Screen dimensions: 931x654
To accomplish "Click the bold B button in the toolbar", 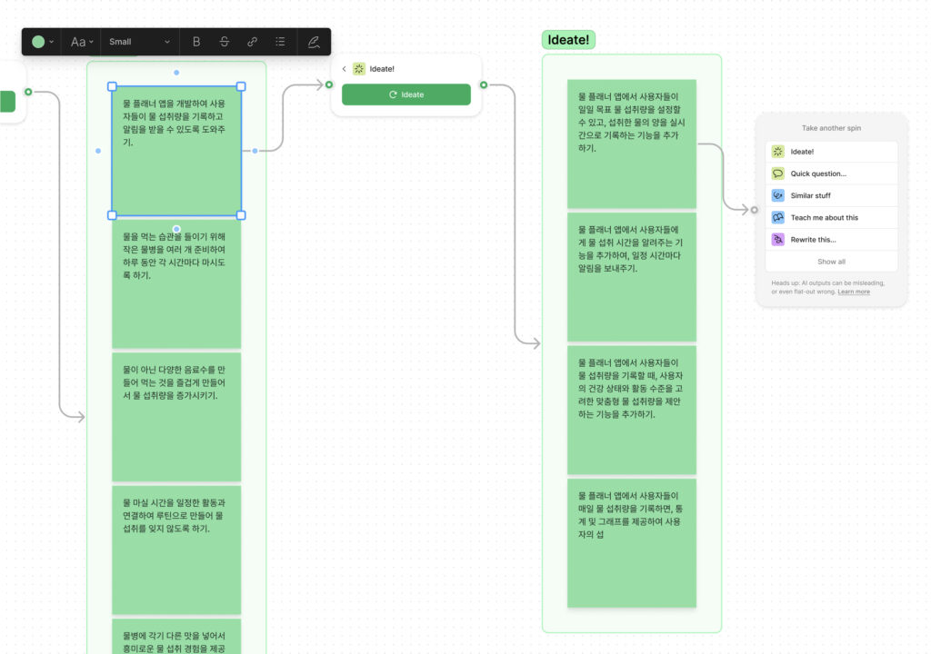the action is pyautogui.click(x=196, y=42).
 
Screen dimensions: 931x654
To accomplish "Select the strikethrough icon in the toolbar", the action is pyautogui.click(x=224, y=42).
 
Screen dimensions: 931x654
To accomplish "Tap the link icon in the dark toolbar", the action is pyautogui.click(x=252, y=42).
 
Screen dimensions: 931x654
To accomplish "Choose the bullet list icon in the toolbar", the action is pyautogui.click(x=280, y=42).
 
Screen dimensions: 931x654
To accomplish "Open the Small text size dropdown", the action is pyautogui.click(x=139, y=42).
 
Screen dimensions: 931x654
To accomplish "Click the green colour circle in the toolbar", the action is pyautogui.click(x=38, y=42).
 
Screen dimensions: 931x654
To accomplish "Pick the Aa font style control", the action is pyautogui.click(x=81, y=42).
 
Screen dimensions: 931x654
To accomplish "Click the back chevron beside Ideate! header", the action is pyautogui.click(x=344, y=69).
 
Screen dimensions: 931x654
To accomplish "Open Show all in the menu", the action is pyautogui.click(x=831, y=261).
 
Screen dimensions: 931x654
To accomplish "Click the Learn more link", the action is pyautogui.click(x=854, y=292).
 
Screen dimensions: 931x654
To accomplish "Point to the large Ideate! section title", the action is pyautogui.click(x=568, y=40).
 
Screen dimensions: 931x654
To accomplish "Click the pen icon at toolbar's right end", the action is pyautogui.click(x=314, y=42).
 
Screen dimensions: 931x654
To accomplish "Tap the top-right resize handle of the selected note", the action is pyautogui.click(x=241, y=86).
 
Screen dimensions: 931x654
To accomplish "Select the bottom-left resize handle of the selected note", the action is pyautogui.click(x=112, y=215).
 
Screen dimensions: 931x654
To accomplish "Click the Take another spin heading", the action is pyautogui.click(x=831, y=127).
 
